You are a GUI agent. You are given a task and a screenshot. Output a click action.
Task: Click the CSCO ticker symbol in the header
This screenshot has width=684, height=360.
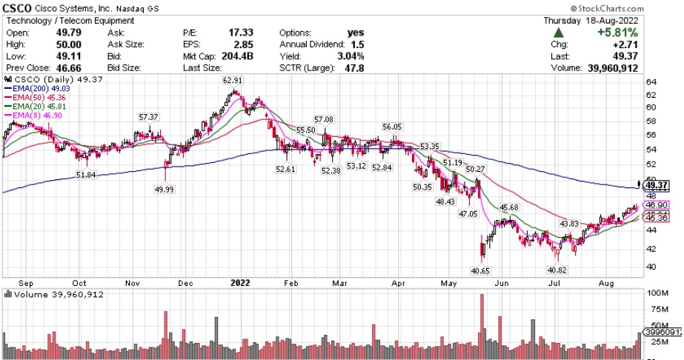coord(18,8)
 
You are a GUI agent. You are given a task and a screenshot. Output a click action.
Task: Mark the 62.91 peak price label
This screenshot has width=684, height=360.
coord(234,81)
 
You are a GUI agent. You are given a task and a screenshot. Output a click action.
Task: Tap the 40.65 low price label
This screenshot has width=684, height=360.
coord(482,272)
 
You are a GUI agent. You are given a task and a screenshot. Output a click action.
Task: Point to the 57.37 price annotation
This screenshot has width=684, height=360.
coord(149,117)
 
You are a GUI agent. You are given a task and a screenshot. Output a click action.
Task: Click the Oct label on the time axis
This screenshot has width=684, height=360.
coord(80,283)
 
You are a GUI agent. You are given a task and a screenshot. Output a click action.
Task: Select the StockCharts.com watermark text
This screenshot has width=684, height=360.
coord(638,7)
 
